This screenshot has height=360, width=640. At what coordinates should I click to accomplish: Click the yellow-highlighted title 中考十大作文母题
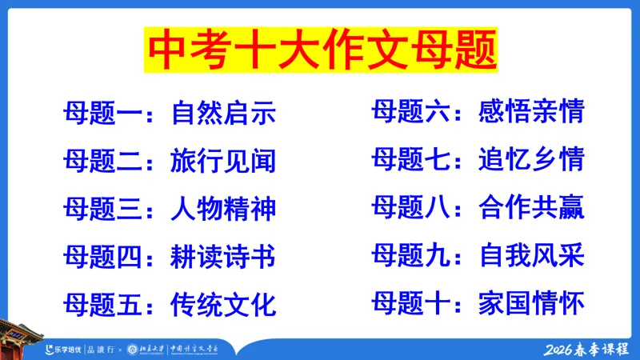pyautogui.click(x=319, y=50)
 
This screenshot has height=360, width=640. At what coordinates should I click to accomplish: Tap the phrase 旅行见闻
pyautogui.click(x=223, y=162)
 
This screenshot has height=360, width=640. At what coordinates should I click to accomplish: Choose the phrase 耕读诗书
pyautogui.click(x=223, y=258)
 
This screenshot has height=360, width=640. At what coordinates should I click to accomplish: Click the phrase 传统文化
pyautogui.click(x=223, y=305)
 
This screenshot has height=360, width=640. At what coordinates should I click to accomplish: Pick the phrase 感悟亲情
pyautogui.click(x=531, y=112)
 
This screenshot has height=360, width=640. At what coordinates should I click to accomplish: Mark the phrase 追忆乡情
pyautogui.click(x=531, y=159)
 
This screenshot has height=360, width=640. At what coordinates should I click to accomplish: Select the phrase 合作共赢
pyautogui.click(x=531, y=208)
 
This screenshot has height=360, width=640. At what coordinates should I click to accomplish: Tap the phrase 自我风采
pyautogui.click(x=531, y=256)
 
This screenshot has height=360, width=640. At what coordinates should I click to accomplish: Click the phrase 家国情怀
pyautogui.click(x=531, y=303)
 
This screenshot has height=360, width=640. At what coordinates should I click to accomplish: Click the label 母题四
pyautogui.click(x=102, y=258)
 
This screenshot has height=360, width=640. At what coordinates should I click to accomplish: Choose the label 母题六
pyautogui.click(x=410, y=112)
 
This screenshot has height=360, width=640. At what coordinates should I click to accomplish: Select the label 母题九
pyautogui.click(x=410, y=256)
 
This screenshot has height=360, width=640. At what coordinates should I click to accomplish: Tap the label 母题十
pyautogui.click(x=410, y=303)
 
